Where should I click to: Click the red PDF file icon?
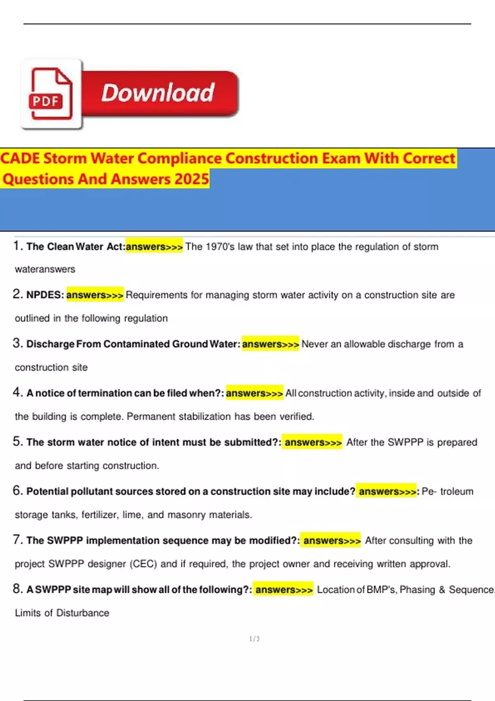51,94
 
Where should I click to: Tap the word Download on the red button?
158,93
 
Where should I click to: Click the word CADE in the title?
20,158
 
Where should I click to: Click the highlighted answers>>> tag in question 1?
154,247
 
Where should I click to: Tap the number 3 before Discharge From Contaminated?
17,343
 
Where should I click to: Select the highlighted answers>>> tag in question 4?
254,393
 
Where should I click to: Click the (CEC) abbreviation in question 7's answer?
144,564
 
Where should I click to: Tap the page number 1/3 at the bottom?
255,639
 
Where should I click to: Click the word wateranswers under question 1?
45,269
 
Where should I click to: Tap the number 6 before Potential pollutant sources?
17,490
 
